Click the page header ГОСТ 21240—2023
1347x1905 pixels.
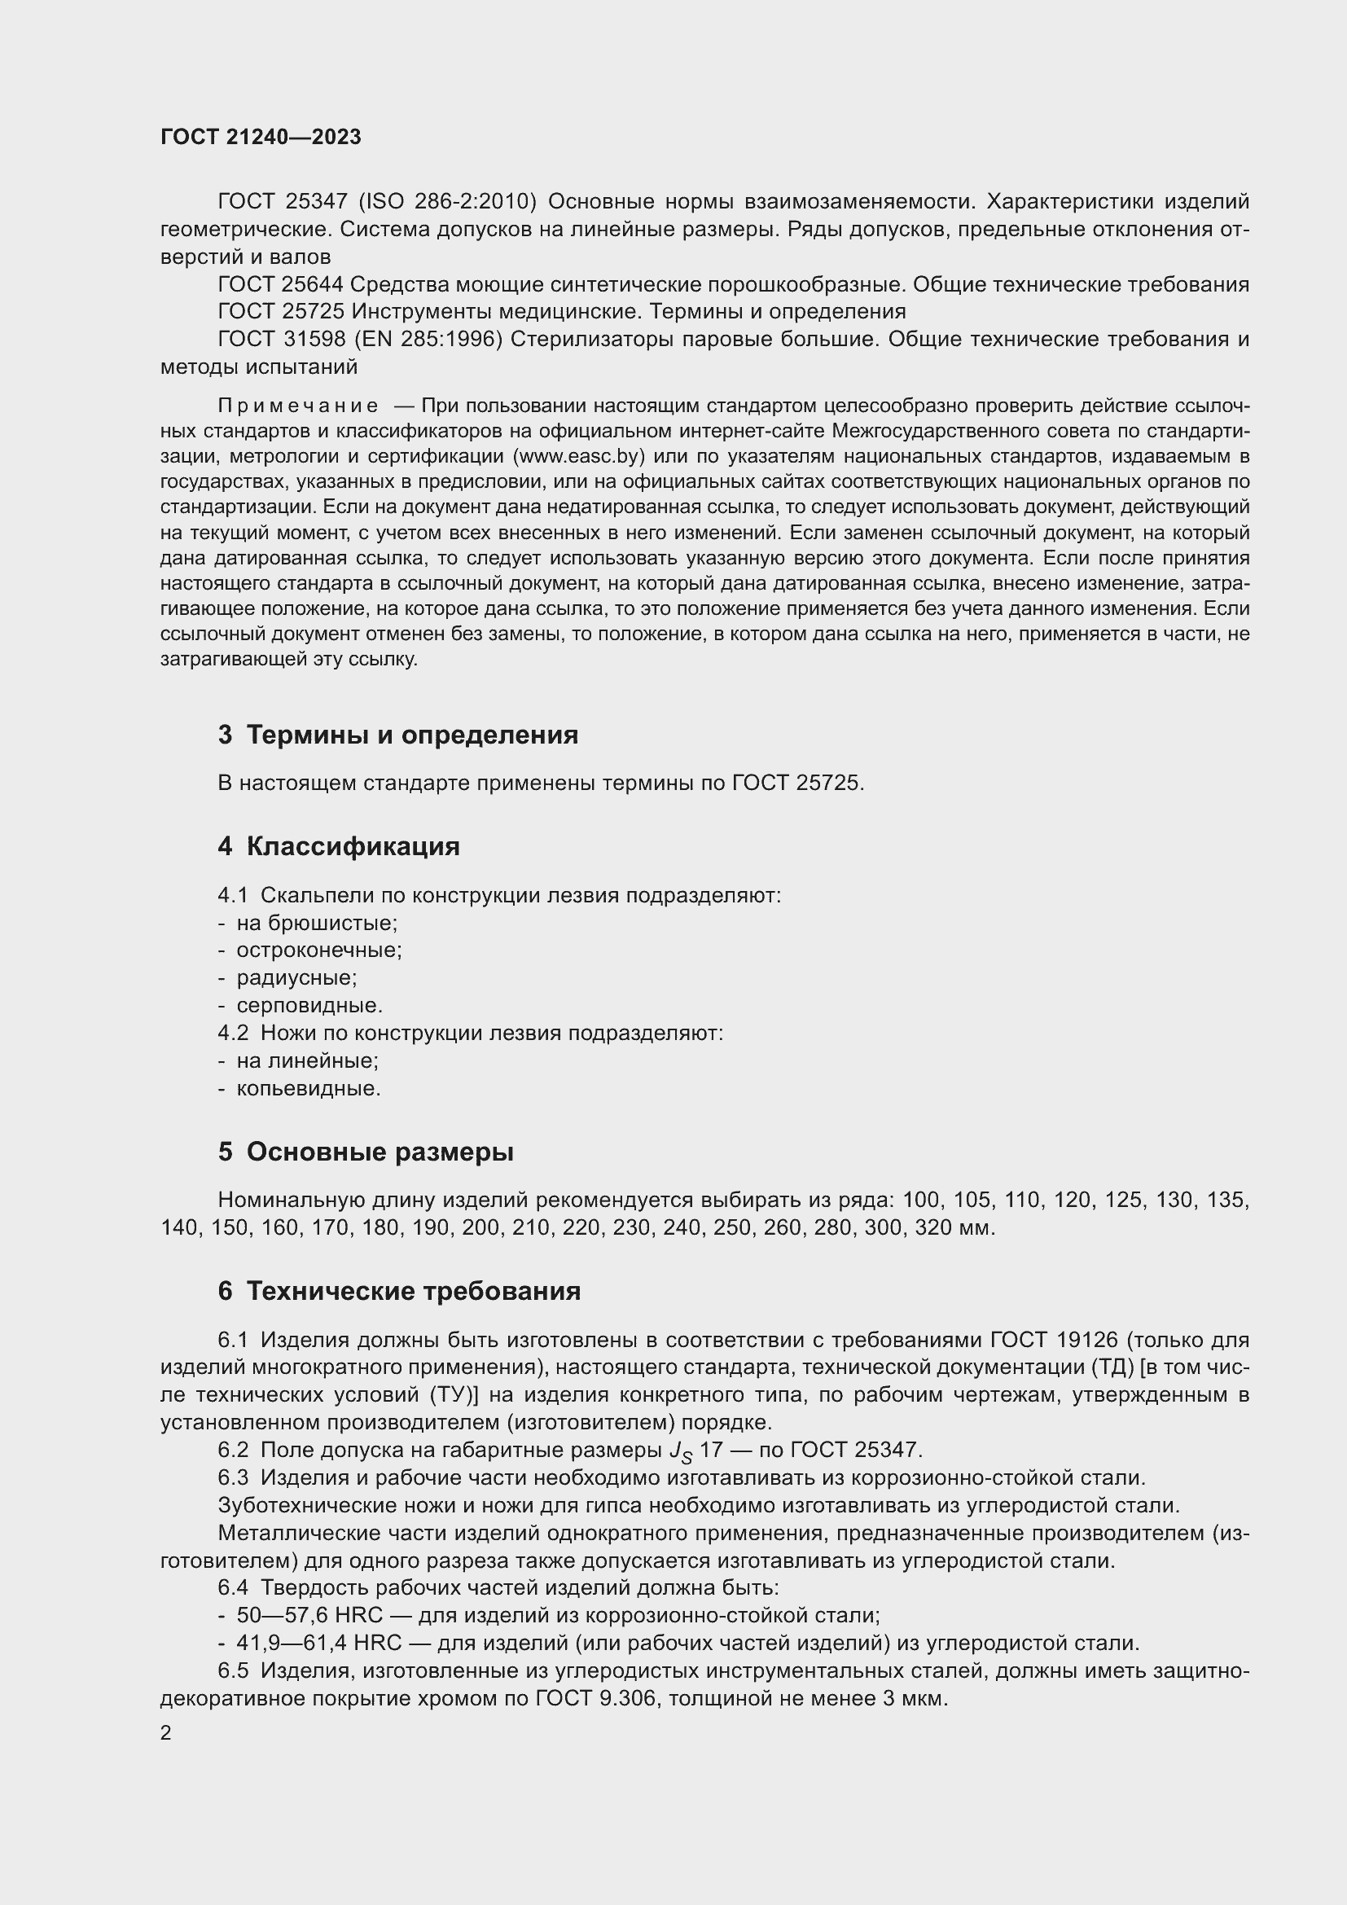[x=261, y=138]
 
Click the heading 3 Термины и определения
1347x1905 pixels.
[x=398, y=735]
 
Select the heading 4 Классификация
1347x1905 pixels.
[x=339, y=846]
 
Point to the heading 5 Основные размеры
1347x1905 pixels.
[x=366, y=1152]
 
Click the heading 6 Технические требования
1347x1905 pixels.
[x=399, y=1291]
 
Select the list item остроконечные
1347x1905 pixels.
[x=318, y=950]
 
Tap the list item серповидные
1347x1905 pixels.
[x=309, y=1006]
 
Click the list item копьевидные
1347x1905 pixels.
[x=309, y=1088]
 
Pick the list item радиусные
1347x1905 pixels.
[x=296, y=977]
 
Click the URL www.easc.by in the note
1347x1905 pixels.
[x=579, y=456]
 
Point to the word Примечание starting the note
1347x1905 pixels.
[x=299, y=406]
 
